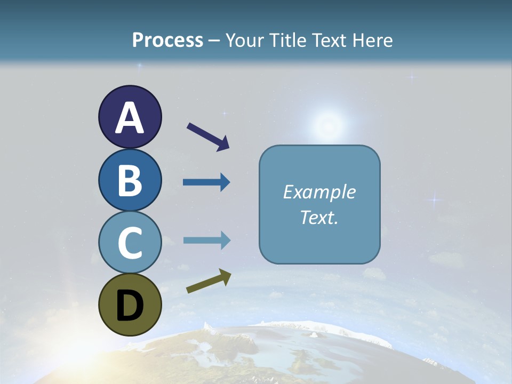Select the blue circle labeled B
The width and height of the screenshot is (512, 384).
(x=130, y=180)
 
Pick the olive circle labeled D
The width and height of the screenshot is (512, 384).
(x=130, y=305)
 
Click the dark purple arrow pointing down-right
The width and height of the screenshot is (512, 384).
(x=208, y=137)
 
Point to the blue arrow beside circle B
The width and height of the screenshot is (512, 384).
(x=206, y=182)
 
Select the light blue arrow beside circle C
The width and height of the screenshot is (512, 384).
(x=206, y=241)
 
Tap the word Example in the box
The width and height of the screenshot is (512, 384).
(x=319, y=192)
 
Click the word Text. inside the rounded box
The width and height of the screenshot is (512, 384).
(x=319, y=217)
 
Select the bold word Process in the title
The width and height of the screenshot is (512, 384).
(x=167, y=40)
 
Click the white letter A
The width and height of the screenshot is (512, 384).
(x=130, y=117)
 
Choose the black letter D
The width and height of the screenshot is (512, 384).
(x=130, y=306)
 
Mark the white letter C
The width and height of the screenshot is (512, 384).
(x=130, y=243)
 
